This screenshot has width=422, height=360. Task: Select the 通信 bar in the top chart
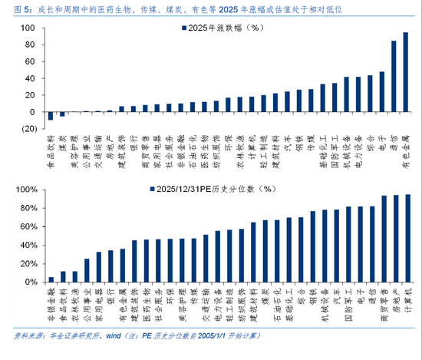[394, 77]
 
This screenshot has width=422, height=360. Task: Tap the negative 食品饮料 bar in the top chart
[51, 116]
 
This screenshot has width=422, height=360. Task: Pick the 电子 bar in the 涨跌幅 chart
[382, 92]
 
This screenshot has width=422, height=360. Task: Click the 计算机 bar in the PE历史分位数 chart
[407, 239]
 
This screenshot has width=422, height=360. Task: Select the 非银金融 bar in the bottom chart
[51, 279]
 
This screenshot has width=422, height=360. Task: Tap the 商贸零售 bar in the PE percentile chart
[383, 239]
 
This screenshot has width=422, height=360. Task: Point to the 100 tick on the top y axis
[30, 28]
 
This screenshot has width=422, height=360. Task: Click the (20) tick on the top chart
[28, 128]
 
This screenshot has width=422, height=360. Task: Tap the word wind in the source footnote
[113, 335]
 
